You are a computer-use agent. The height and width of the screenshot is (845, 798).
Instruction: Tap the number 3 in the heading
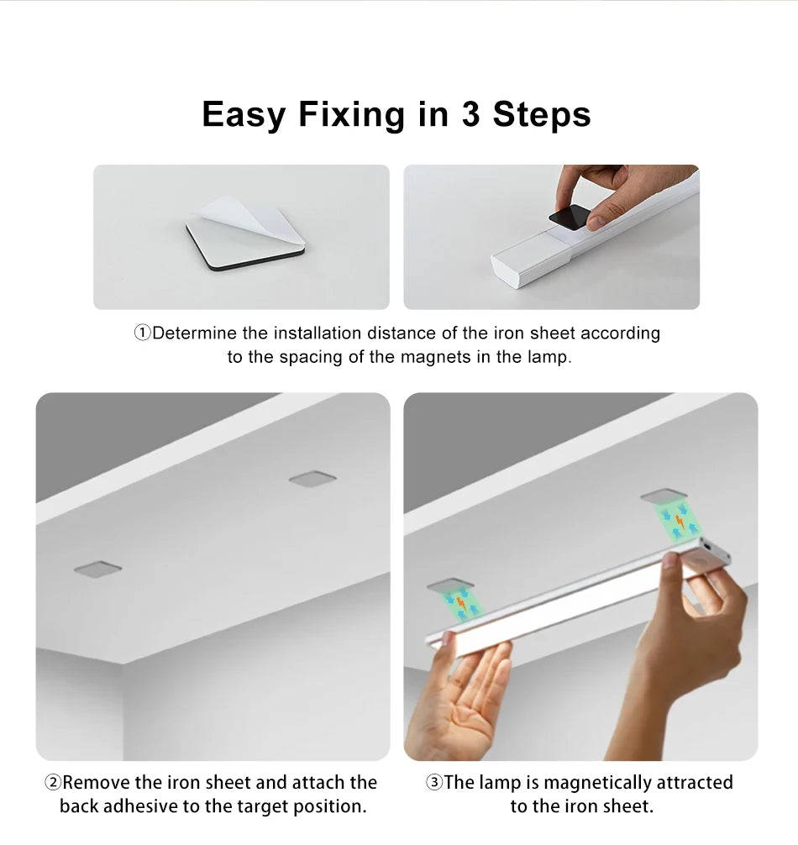point(470,114)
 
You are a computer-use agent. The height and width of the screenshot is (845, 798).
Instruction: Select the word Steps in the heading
point(542,114)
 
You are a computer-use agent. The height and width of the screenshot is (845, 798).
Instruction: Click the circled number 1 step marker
point(142,333)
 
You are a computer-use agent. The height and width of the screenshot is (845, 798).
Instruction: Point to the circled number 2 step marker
point(52,783)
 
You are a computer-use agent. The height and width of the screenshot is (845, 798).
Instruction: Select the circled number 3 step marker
point(433,783)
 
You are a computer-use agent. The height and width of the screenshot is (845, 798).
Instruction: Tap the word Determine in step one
point(195,333)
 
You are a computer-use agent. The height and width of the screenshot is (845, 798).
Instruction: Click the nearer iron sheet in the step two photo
point(97,569)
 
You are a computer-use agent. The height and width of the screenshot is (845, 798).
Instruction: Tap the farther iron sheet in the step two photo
point(312,478)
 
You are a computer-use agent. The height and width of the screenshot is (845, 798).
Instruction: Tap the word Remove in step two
point(97,783)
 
